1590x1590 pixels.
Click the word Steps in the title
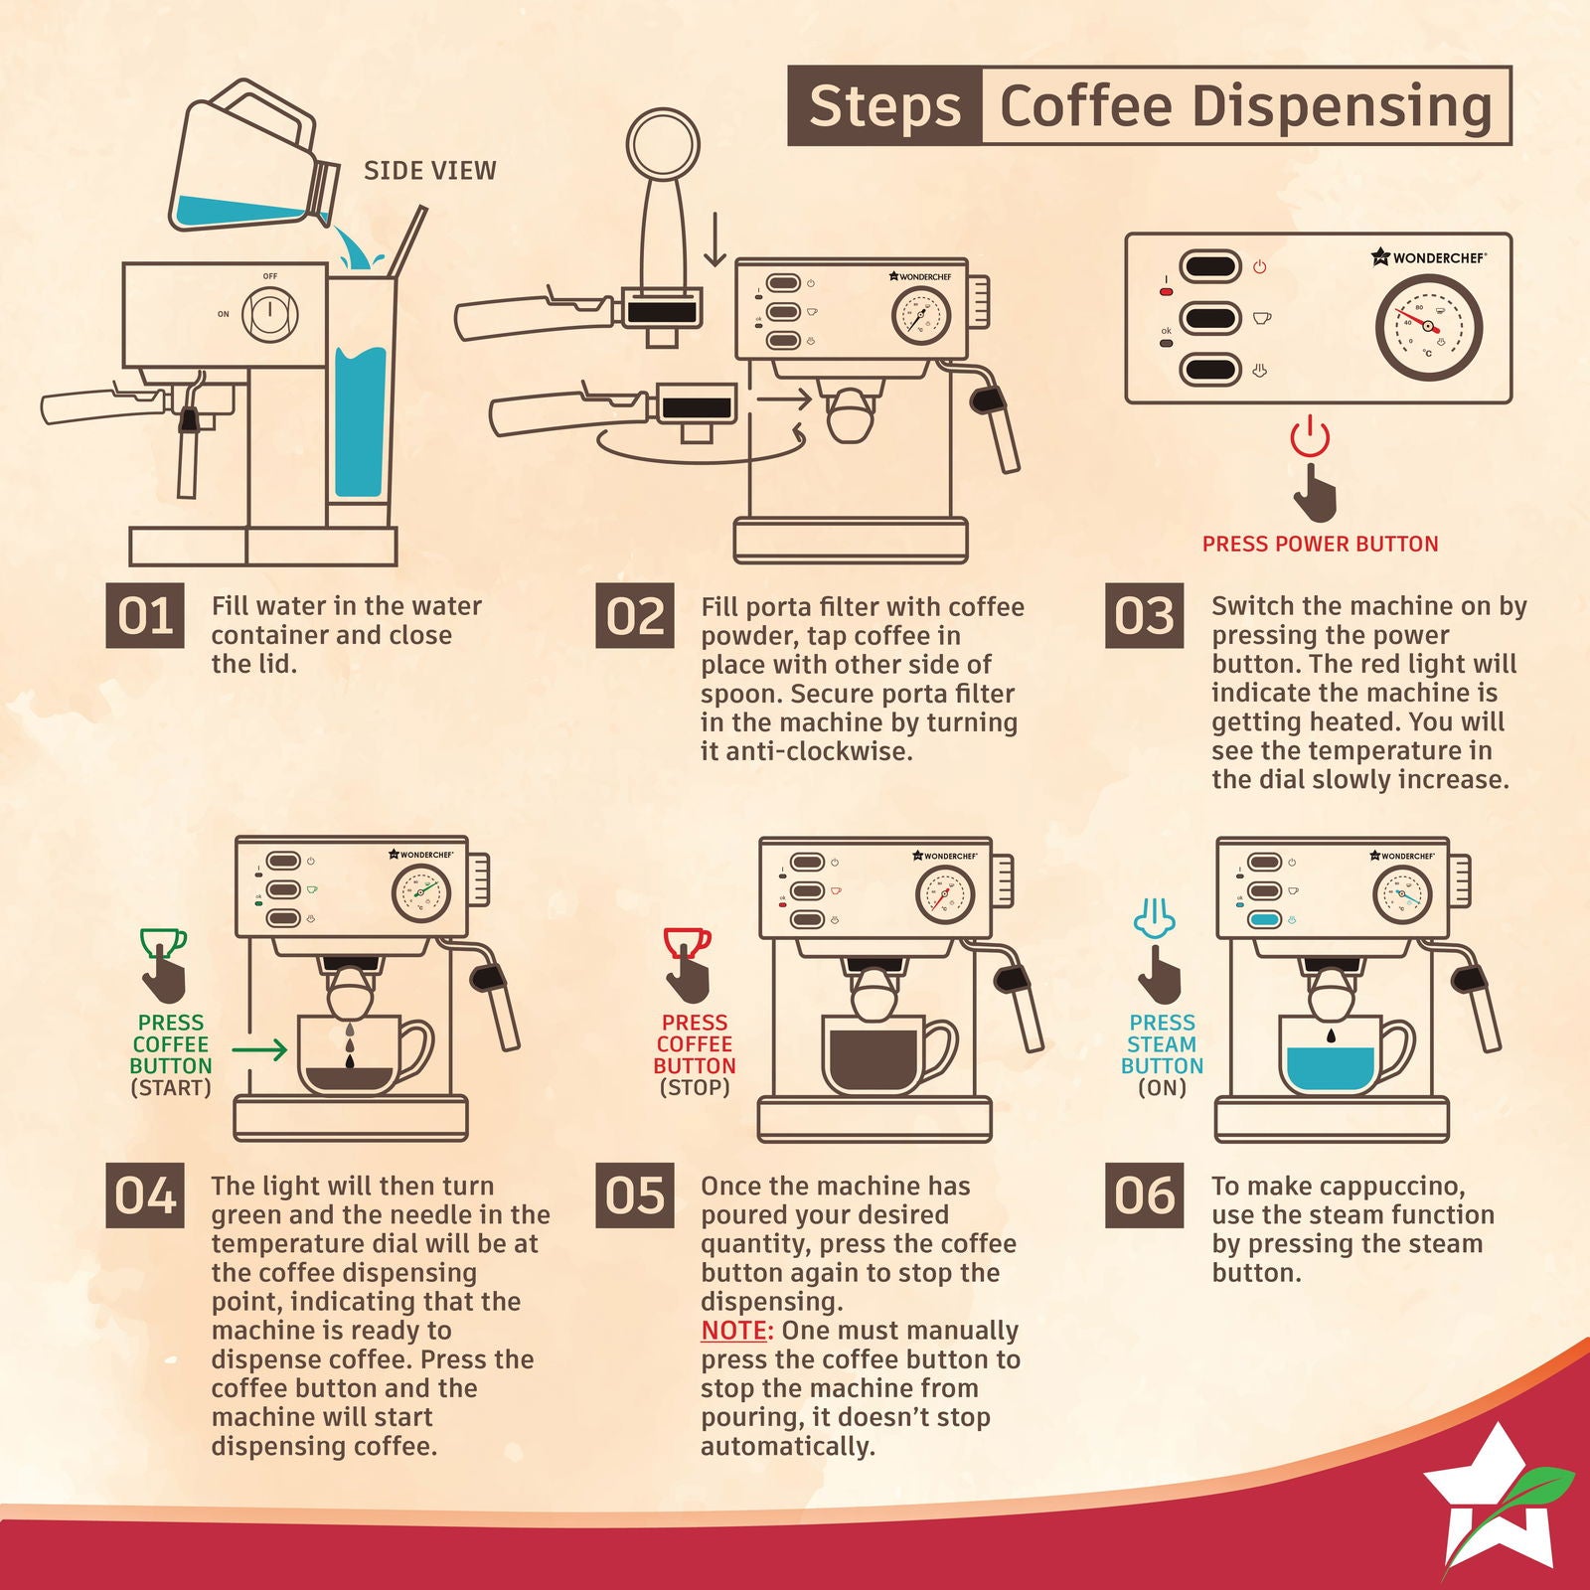point(883,106)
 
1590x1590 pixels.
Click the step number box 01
point(145,616)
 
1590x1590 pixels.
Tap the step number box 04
point(145,1195)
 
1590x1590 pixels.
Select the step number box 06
point(1145,1195)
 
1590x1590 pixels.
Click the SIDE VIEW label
point(429,171)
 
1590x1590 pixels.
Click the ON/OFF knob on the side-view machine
point(269,314)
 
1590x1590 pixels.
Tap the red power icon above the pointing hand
point(1310,436)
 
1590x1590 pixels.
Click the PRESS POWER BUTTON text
point(1320,545)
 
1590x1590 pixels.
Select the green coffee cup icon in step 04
point(163,941)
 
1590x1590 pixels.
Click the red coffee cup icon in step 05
point(687,941)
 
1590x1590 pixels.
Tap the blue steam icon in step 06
point(1155,917)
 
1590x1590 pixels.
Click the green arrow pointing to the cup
point(259,1048)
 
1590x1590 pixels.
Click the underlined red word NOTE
point(736,1331)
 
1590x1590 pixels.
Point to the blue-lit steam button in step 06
point(1264,920)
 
